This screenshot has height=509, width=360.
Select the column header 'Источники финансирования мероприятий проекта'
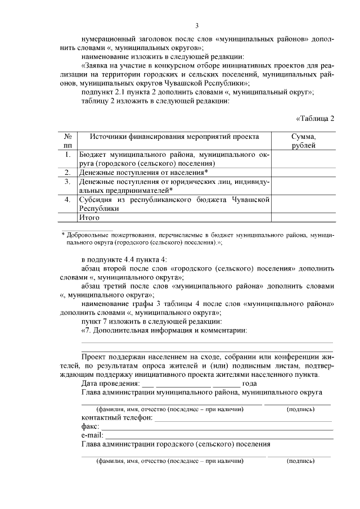[x=174, y=137]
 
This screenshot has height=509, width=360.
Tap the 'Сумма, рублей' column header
[x=303, y=141]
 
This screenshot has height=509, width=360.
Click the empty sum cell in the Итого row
[x=303, y=217]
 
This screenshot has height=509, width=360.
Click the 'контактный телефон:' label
[x=116, y=418]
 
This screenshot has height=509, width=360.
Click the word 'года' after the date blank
[x=250, y=383]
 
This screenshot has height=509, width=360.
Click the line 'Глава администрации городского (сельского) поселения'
[x=175, y=444]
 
